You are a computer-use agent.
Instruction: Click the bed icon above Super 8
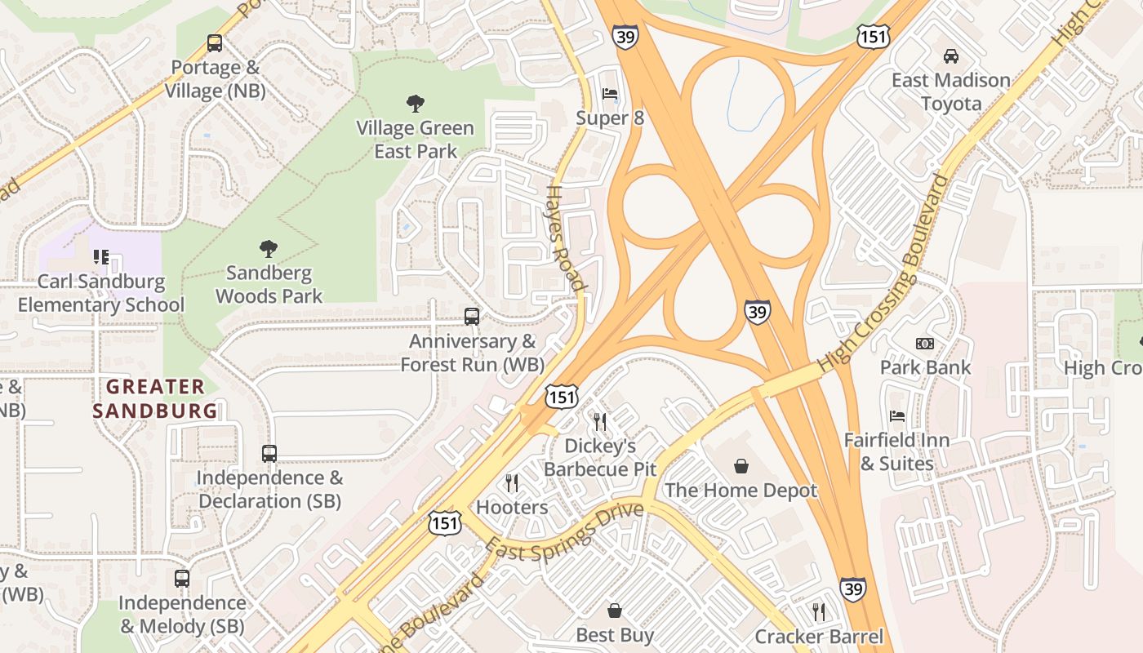[x=610, y=94]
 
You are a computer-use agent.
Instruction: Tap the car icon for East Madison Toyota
[x=950, y=56]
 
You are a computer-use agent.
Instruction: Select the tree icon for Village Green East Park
[x=415, y=104]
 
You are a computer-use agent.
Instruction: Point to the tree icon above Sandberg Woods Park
[x=269, y=249]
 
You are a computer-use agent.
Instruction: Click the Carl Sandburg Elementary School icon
[x=101, y=258]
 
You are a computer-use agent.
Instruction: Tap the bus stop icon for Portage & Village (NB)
[x=215, y=43]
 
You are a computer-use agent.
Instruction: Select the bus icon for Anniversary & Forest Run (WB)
[x=472, y=317]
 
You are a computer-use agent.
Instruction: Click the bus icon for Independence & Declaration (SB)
[x=269, y=454]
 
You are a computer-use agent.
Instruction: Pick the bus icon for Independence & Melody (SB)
[x=182, y=579]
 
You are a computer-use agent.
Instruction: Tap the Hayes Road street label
[x=565, y=237]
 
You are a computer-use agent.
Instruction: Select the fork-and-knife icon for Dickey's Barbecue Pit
[x=600, y=422]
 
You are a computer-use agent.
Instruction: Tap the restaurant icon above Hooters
[x=512, y=483]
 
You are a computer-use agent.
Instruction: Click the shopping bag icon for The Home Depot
[x=741, y=466]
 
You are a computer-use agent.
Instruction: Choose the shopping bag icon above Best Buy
[x=615, y=611]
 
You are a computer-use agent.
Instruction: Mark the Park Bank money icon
[x=925, y=344]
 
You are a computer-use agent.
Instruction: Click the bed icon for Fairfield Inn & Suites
[x=897, y=416]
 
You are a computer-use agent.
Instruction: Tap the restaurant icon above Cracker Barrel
[x=819, y=612]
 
